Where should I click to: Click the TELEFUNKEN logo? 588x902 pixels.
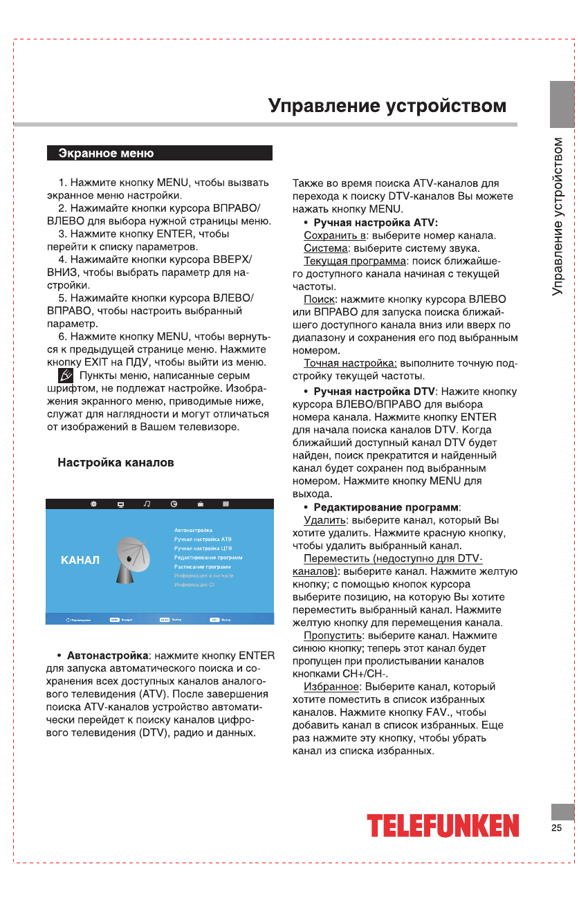(443, 825)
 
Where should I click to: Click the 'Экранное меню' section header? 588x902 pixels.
(106, 154)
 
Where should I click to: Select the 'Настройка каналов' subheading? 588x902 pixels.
(116, 462)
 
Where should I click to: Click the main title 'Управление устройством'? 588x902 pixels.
(387, 107)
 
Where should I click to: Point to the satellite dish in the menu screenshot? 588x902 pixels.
(131, 558)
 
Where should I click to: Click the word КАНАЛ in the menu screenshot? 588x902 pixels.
(80, 560)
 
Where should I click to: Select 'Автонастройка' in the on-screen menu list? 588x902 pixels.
(193, 530)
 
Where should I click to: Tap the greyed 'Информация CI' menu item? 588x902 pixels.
(196, 585)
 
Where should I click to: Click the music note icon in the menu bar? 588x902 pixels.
(147, 504)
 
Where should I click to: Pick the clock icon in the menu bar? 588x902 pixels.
(174, 504)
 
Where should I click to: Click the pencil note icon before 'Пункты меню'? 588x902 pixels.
(65, 376)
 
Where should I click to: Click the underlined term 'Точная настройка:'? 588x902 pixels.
(350, 363)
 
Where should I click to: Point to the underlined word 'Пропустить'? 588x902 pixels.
(333, 635)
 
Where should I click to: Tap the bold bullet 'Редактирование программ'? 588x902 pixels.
(386, 507)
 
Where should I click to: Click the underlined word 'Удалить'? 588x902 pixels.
(324, 520)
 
